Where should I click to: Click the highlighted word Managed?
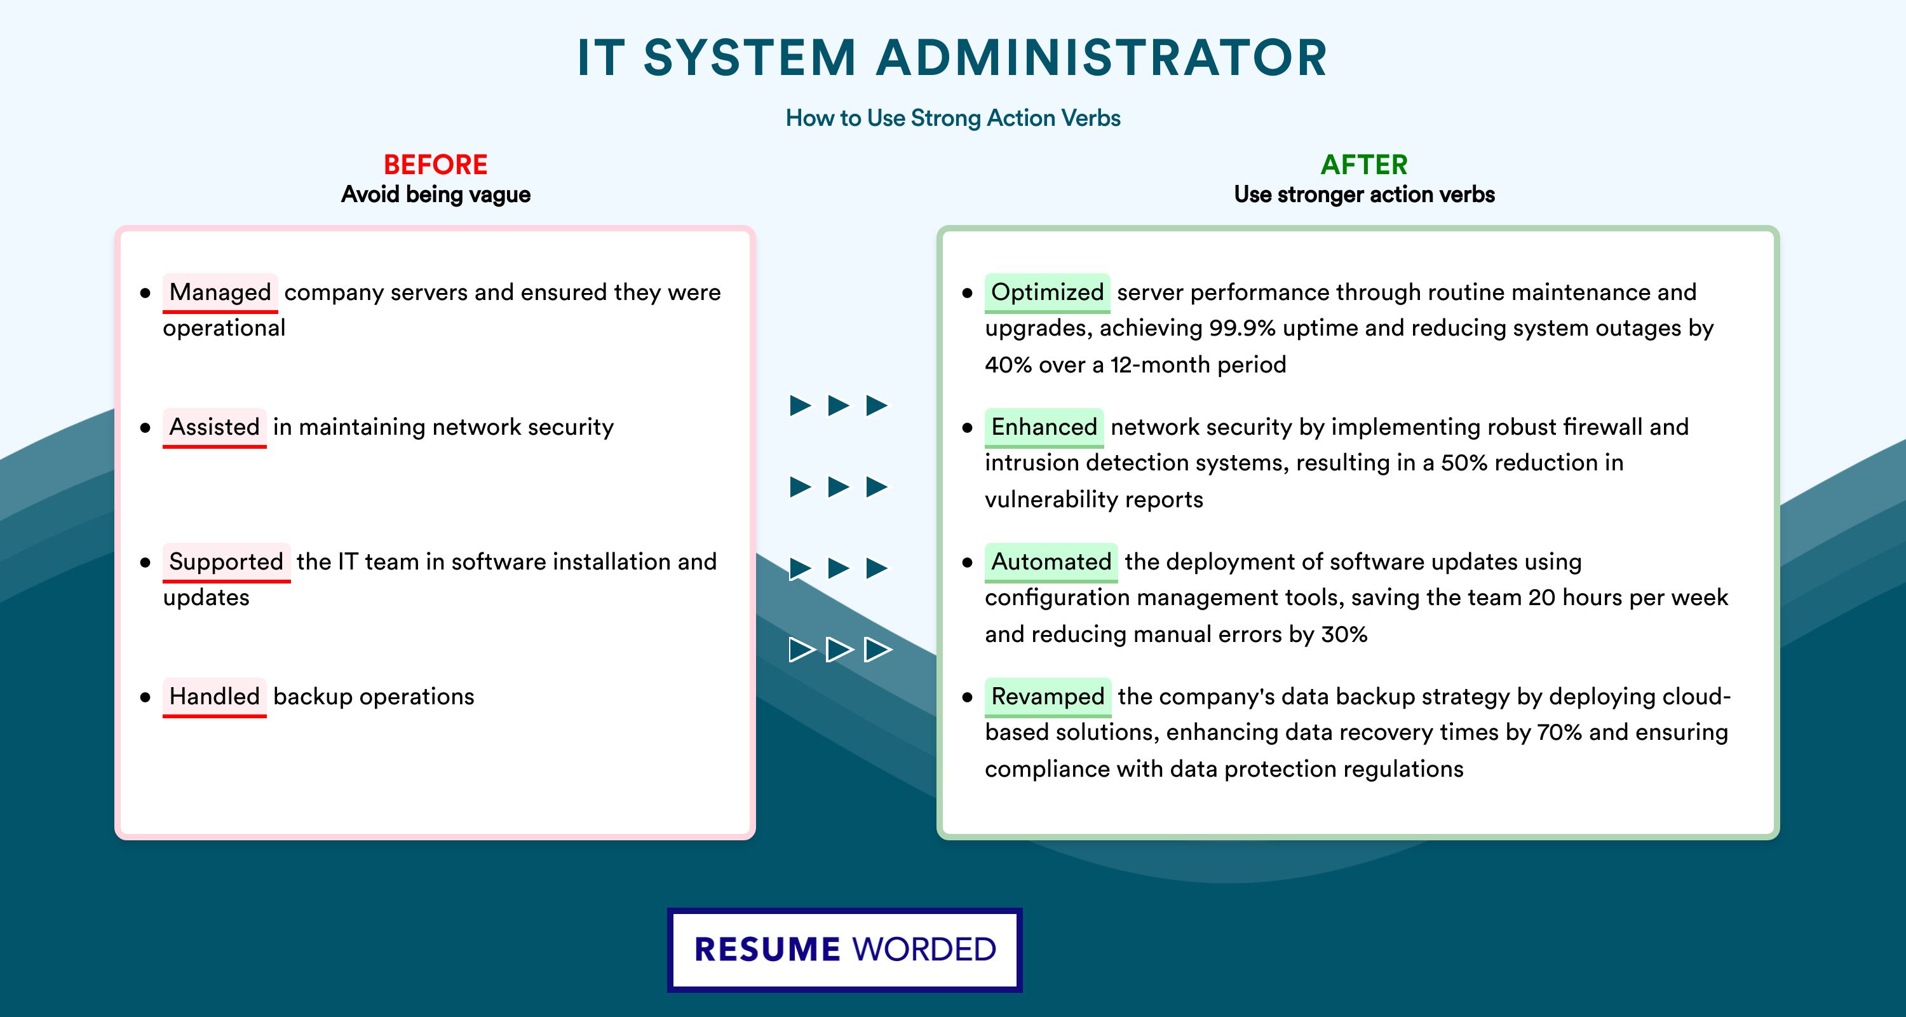[x=220, y=292]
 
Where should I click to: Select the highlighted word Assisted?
[x=215, y=427]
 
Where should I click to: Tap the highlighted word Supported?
[x=226, y=562]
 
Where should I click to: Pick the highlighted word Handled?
[x=215, y=697]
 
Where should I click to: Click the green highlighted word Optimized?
[x=1047, y=292]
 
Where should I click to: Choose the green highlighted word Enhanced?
[x=1044, y=427]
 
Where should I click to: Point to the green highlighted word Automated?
[x=1051, y=562]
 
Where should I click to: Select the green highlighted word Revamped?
[x=1048, y=697]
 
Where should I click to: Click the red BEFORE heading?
[x=436, y=165]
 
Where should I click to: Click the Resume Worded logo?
[x=845, y=950]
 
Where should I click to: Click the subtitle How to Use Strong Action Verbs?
[x=953, y=118]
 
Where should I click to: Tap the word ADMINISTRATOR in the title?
[x=1102, y=58]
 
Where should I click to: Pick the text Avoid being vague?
[x=436, y=195]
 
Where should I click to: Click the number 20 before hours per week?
[x=1542, y=597]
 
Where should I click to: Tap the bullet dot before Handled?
[x=145, y=697]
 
